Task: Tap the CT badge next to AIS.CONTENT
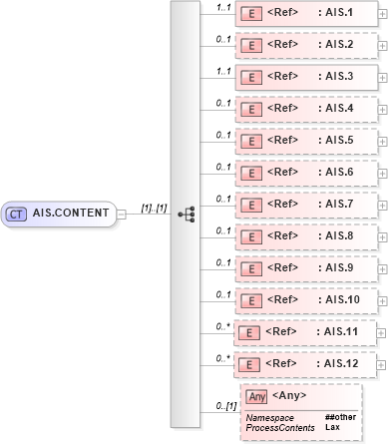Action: (18, 213)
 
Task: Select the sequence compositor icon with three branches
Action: (186, 214)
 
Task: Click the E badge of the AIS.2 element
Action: (253, 46)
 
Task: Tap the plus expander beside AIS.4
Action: (383, 109)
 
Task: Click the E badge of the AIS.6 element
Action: (253, 172)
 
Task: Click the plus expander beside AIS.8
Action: (383, 235)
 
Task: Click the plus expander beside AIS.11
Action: (383, 332)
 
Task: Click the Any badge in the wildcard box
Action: (257, 396)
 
